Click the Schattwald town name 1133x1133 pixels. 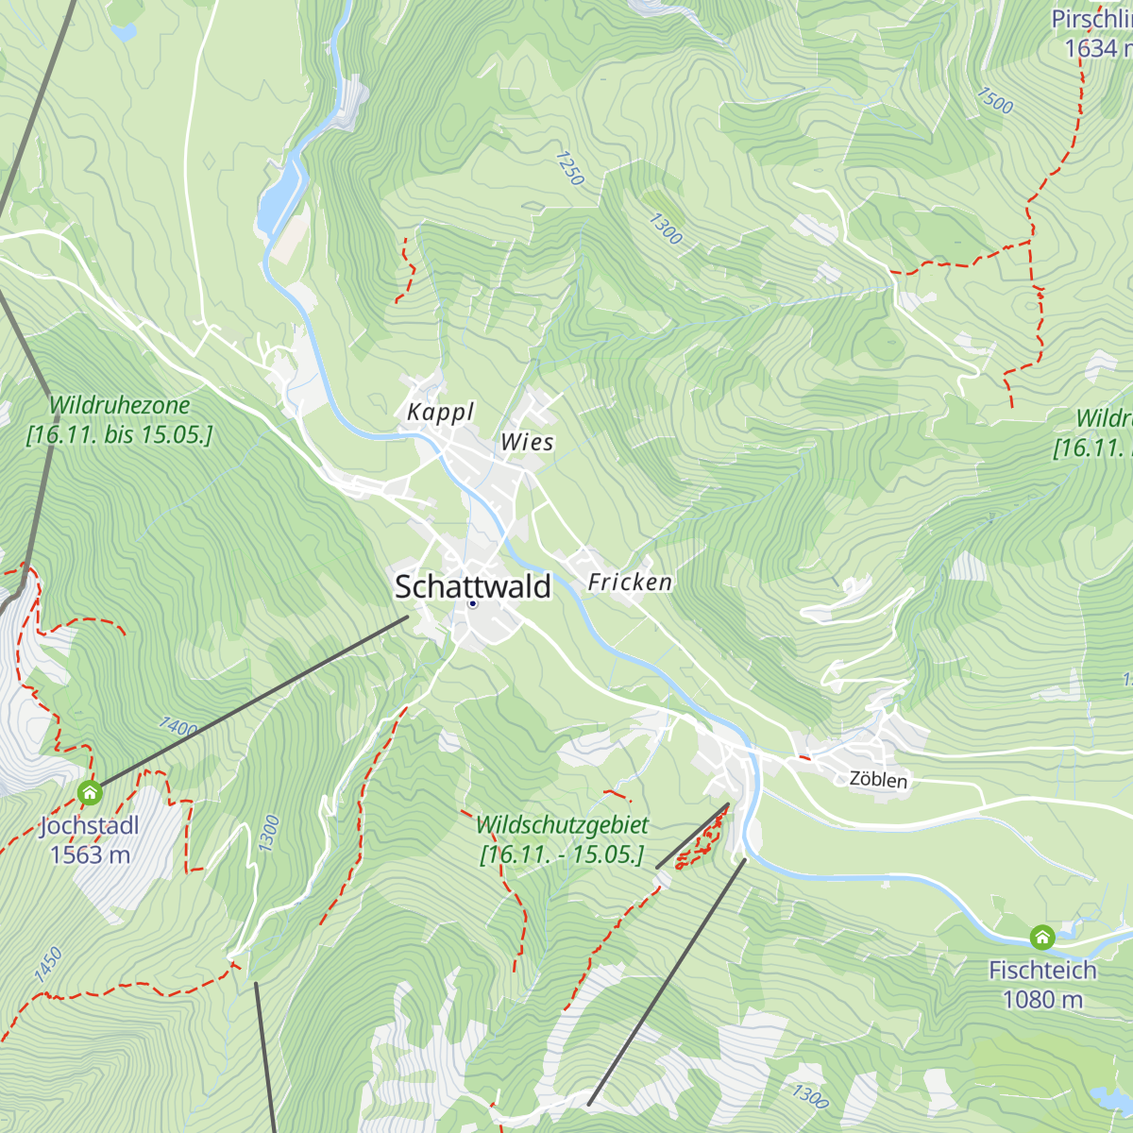pyautogui.click(x=472, y=586)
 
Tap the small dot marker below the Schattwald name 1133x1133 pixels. pyautogui.click(x=473, y=604)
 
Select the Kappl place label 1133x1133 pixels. pyautogui.click(x=440, y=412)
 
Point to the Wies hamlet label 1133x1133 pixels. pyautogui.click(x=527, y=442)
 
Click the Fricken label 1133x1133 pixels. pyautogui.click(x=630, y=582)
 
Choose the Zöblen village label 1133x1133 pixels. pyautogui.click(x=878, y=780)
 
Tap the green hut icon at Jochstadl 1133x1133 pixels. pyautogui.click(x=90, y=791)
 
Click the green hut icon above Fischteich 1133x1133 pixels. pyautogui.click(x=1041, y=937)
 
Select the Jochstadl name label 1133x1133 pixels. pyautogui.click(x=90, y=826)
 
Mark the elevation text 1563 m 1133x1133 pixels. pyautogui.click(x=90, y=855)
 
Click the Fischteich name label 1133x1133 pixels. pyautogui.click(x=1042, y=970)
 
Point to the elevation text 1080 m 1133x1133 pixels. pyautogui.click(x=1042, y=999)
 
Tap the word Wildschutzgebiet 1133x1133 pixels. pyautogui.click(x=562, y=825)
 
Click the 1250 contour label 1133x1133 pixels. pyautogui.click(x=570, y=168)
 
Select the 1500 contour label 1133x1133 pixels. pyautogui.click(x=995, y=101)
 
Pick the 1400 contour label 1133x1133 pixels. pyautogui.click(x=178, y=727)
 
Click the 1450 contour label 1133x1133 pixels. pyautogui.click(x=47, y=966)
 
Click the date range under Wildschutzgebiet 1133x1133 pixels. pyautogui.click(x=562, y=855)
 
